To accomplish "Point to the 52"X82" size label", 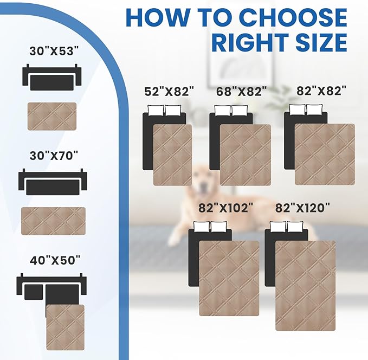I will pos(169,92).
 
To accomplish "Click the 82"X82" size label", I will pos(321,92).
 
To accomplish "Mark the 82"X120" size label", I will pos(302,208).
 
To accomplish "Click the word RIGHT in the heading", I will pos(249,43).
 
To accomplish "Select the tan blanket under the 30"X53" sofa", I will pos(52,116).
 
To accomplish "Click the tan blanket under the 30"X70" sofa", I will pos(53,221).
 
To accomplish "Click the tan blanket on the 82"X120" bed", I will pos(305,286).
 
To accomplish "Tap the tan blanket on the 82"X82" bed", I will pos(324,154).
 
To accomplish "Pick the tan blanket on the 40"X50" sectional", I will pos(65,327).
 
